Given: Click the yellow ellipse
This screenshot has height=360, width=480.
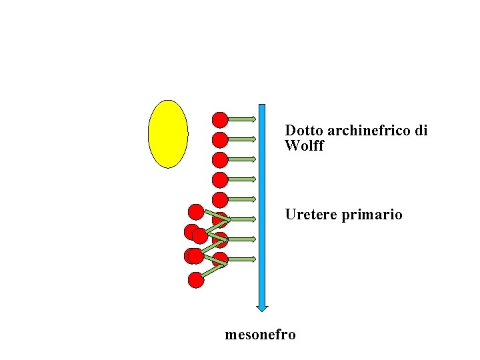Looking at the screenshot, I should pyautogui.click(x=167, y=134).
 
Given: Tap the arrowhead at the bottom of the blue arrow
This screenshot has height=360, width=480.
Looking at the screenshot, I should pyautogui.click(x=262, y=307).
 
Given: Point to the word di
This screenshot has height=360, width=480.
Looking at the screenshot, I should pyautogui.click(x=421, y=131).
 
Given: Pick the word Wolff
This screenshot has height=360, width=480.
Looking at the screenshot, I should pyautogui.click(x=304, y=146).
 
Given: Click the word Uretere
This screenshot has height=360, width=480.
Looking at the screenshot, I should pyautogui.click(x=311, y=215).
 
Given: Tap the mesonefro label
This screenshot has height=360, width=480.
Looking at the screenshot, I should pyautogui.click(x=260, y=334).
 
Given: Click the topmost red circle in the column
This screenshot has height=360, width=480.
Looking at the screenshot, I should pyautogui.click(x=220, y=120).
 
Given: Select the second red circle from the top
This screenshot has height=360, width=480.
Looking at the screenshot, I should pyautogui.click(x=220, y=140).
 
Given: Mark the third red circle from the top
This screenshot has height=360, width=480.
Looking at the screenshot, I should pyautogui.click(x=220, y=160).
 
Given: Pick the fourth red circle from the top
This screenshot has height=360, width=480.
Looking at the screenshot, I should pyautogui.click(x=220, y=179).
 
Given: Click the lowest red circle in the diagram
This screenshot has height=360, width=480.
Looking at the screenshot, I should pyautogui.click(x=196, y=280).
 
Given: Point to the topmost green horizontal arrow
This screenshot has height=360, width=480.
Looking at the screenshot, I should pyautogui.click(x=243, y=119).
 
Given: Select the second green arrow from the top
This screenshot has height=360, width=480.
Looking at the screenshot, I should pyautogui.click(x=243, y=139).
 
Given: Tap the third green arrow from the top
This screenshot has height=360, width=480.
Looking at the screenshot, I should pyautogui.click(x=243, y=159).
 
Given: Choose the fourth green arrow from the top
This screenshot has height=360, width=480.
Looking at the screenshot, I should pyautogui.click(x=243, y=179).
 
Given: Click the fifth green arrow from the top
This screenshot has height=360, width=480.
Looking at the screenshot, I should pyautogui.click(x=243, y=199).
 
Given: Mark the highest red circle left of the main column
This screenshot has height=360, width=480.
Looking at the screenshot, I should pyautogui.click(x=196, y=212).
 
